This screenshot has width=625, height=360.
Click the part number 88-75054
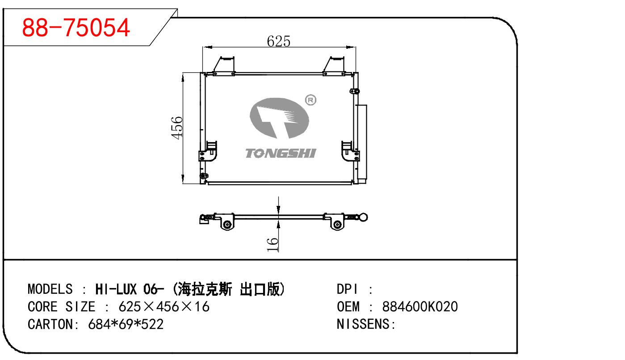click(76, 28)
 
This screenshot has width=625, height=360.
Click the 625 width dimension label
click(278, 41)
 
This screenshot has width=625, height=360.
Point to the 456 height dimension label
click(177, 127)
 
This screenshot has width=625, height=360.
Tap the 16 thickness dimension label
click(272, 244)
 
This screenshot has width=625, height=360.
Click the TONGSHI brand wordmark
click(280, 153)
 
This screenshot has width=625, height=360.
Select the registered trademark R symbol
click(310, 100)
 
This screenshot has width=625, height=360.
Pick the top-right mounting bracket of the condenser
click(334, 66)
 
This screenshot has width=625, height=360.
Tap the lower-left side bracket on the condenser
click(207, 151)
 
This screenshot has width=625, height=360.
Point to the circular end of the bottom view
click(364, 218)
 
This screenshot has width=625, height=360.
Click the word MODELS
click(50, 289)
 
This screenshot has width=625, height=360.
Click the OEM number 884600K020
click(420, 306)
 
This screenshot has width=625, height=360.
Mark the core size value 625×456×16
click(164, 306)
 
